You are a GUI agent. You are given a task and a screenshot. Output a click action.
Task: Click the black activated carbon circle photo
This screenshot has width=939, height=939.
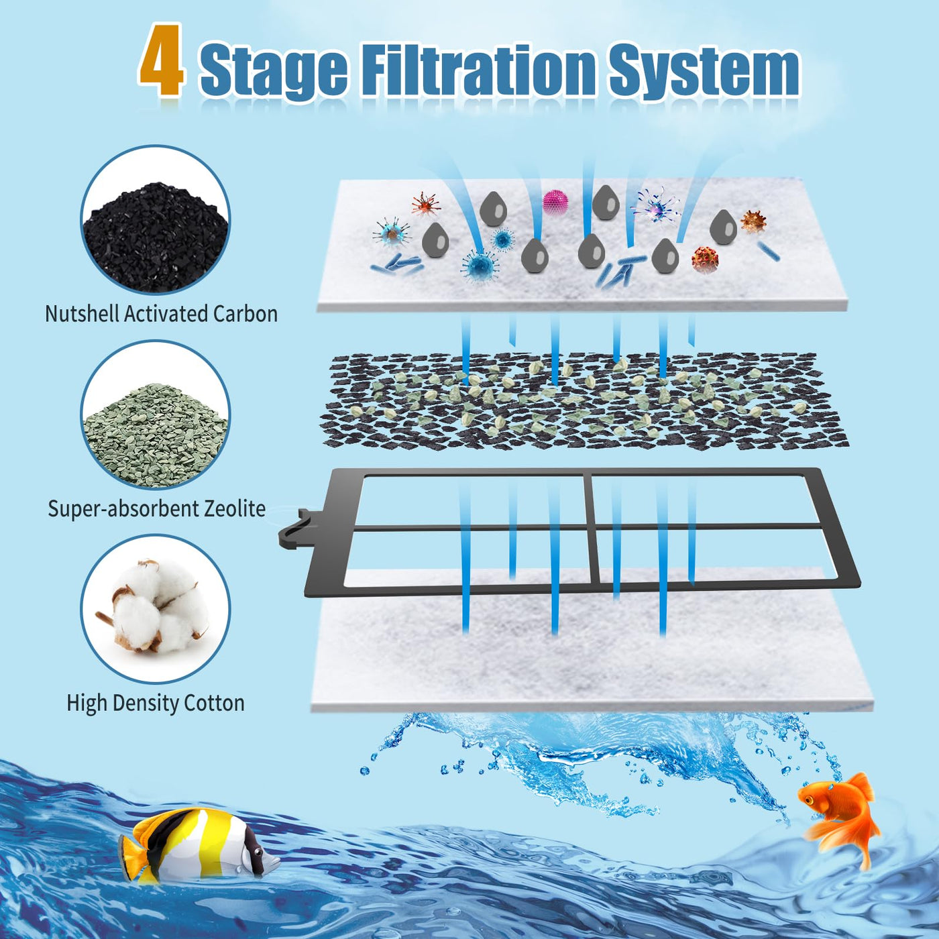(156, 220)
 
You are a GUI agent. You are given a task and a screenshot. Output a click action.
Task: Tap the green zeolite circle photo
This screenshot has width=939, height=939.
(156, 415)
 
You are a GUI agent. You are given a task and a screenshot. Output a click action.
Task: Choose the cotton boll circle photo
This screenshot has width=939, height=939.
(156, 609)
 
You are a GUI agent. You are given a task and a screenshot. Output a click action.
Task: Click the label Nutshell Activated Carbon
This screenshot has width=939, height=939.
(161, 314)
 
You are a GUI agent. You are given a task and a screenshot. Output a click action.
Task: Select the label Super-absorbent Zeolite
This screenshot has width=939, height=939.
(156, 508)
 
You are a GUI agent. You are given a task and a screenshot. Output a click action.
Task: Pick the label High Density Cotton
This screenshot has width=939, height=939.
(156, 704)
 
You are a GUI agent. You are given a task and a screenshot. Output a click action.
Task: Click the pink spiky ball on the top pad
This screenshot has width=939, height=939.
(555, 203)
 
